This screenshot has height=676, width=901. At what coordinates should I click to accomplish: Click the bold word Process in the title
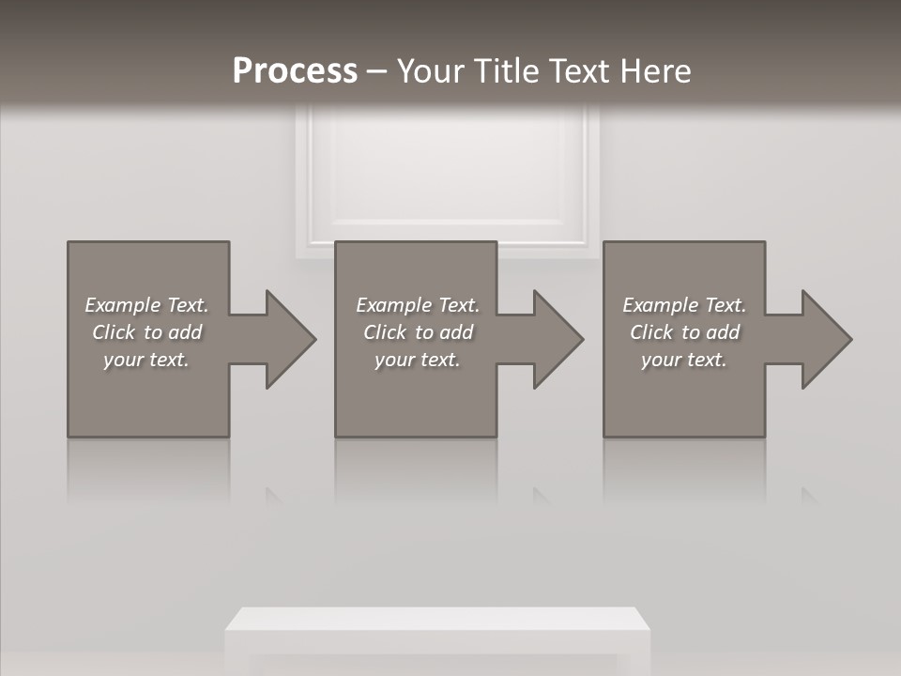pyautogui.click(x=295, y=71)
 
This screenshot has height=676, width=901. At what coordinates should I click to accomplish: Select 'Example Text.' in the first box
pyautogui.click(x=146, y=305)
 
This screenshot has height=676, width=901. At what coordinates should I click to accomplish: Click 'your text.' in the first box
pyautogui.click(x=146, y=360)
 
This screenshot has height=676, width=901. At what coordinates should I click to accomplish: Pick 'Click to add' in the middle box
pyautogui.click(x=418, y=332)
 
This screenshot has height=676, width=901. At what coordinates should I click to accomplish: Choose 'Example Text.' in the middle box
pyautogui.click(x=418, y=305)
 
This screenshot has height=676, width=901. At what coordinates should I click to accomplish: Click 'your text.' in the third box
pyautogui.click(x=684, y=360)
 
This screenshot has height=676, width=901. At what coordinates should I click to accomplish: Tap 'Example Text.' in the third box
pyautogui.click(x=684, y=305)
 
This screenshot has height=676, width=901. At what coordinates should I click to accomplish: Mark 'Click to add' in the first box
pyautogui.click(x=146, y=332)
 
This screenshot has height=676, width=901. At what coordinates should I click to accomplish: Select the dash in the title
pyautogui.click(x=376, y=71)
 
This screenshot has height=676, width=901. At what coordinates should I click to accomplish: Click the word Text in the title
pyautogui.click(x=577, y=71)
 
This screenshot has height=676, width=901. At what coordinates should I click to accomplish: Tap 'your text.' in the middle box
pyautogui.click(x=418, y=360)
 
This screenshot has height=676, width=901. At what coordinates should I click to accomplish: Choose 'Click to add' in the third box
pyautogui.click(x=684, y=332)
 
